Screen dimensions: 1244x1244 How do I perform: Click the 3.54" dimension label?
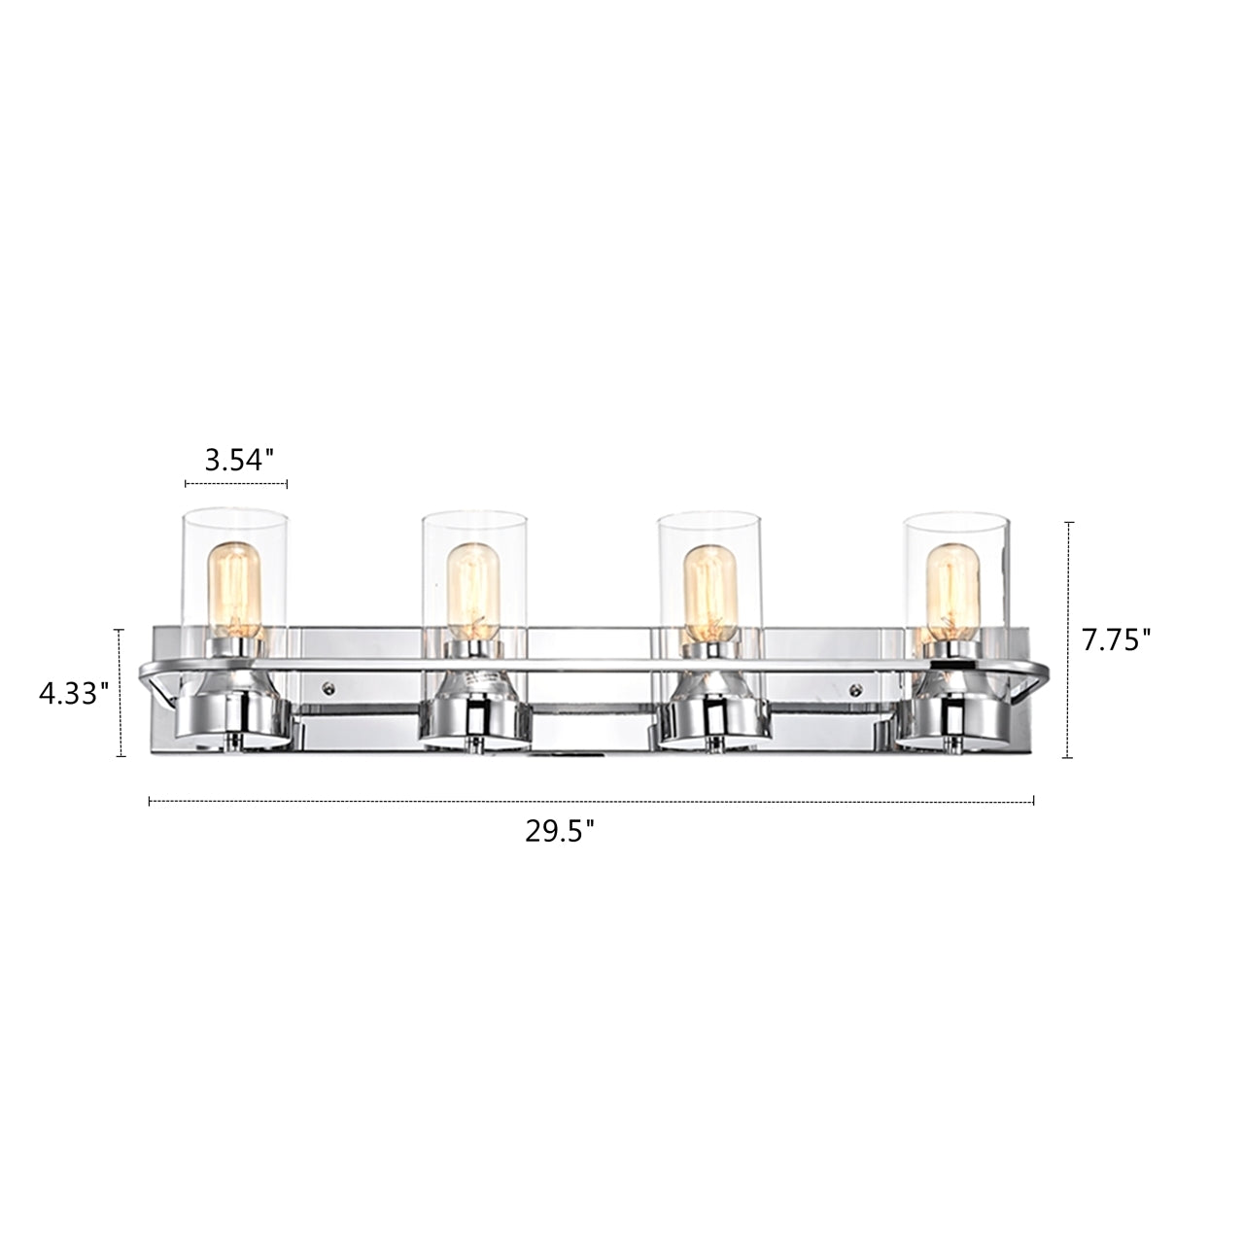[234, 461]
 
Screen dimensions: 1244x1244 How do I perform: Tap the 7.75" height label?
[1116, 639]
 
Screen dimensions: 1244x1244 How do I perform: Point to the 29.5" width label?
[560, 832]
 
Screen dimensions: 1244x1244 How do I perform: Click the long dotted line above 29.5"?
[591, 802]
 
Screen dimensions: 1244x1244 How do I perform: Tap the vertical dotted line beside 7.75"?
[1069, 639]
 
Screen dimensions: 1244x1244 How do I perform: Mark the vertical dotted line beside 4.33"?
[121, 693]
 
